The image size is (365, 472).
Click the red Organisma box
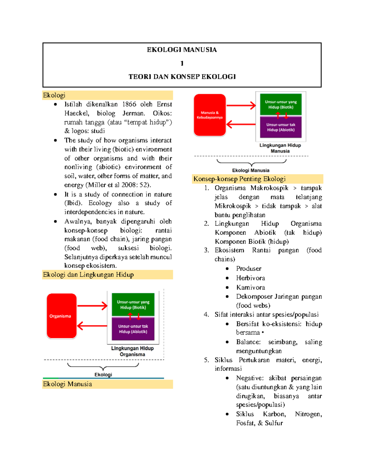[61, 316]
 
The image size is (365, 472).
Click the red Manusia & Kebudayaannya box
[210, 115]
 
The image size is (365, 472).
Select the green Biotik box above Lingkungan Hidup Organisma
[133, 305]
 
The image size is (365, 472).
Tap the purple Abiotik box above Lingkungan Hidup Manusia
[281, 127]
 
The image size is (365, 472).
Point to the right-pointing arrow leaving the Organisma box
[92, 306]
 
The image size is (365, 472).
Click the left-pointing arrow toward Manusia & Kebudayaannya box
[241, 124]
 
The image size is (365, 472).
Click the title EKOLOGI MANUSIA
[182, 50]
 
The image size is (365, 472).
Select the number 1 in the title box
[182, 63]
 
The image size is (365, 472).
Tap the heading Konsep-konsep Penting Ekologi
[239, 179]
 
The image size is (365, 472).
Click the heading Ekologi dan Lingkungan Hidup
[88, 275]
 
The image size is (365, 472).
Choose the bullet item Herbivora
[250, 278]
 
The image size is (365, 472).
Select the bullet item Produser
[249, 269]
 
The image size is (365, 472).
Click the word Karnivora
[250, 288]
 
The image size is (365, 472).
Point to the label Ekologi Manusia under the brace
[251, 171]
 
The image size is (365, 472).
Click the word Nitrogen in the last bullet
[308, 414]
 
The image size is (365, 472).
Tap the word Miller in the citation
[97, 185]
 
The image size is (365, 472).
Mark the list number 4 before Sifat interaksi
[206, 315]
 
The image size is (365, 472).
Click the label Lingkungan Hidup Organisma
[132, 351]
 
